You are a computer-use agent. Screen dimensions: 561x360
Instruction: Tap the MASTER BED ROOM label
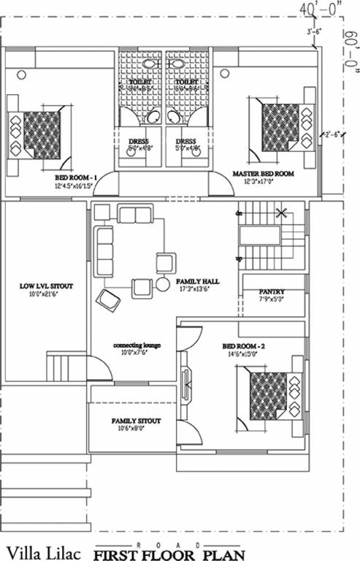(263, 174)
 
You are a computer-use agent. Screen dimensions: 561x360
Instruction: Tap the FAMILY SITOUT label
(136, 421)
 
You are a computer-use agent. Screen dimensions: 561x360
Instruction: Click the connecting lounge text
(137, 345)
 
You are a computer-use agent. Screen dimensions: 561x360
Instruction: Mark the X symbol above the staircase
(280, 213)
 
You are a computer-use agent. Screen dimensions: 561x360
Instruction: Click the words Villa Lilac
(41, 549)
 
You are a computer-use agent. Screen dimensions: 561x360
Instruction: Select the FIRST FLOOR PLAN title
(169, 554)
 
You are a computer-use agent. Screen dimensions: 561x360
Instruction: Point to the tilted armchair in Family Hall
(109, 299)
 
